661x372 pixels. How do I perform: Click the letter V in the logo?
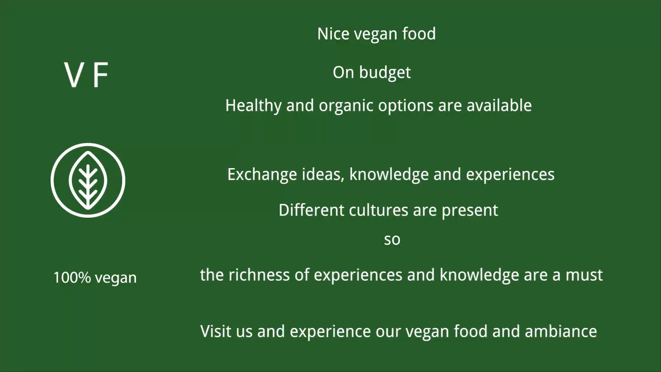(72, 75)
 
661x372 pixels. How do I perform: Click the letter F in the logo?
(101, 75)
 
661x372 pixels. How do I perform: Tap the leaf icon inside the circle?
(88, 180)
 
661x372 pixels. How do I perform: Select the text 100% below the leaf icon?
(72, 277)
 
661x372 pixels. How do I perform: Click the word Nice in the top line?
(333, 33)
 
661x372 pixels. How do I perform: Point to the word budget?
(385, 73)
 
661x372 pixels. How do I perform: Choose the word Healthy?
(254, 106)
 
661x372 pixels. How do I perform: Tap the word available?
(499, 105)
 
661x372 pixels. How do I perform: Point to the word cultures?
(378, 210)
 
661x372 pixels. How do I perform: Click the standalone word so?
(392, 240)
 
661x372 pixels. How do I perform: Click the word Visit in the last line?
(216, 331)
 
